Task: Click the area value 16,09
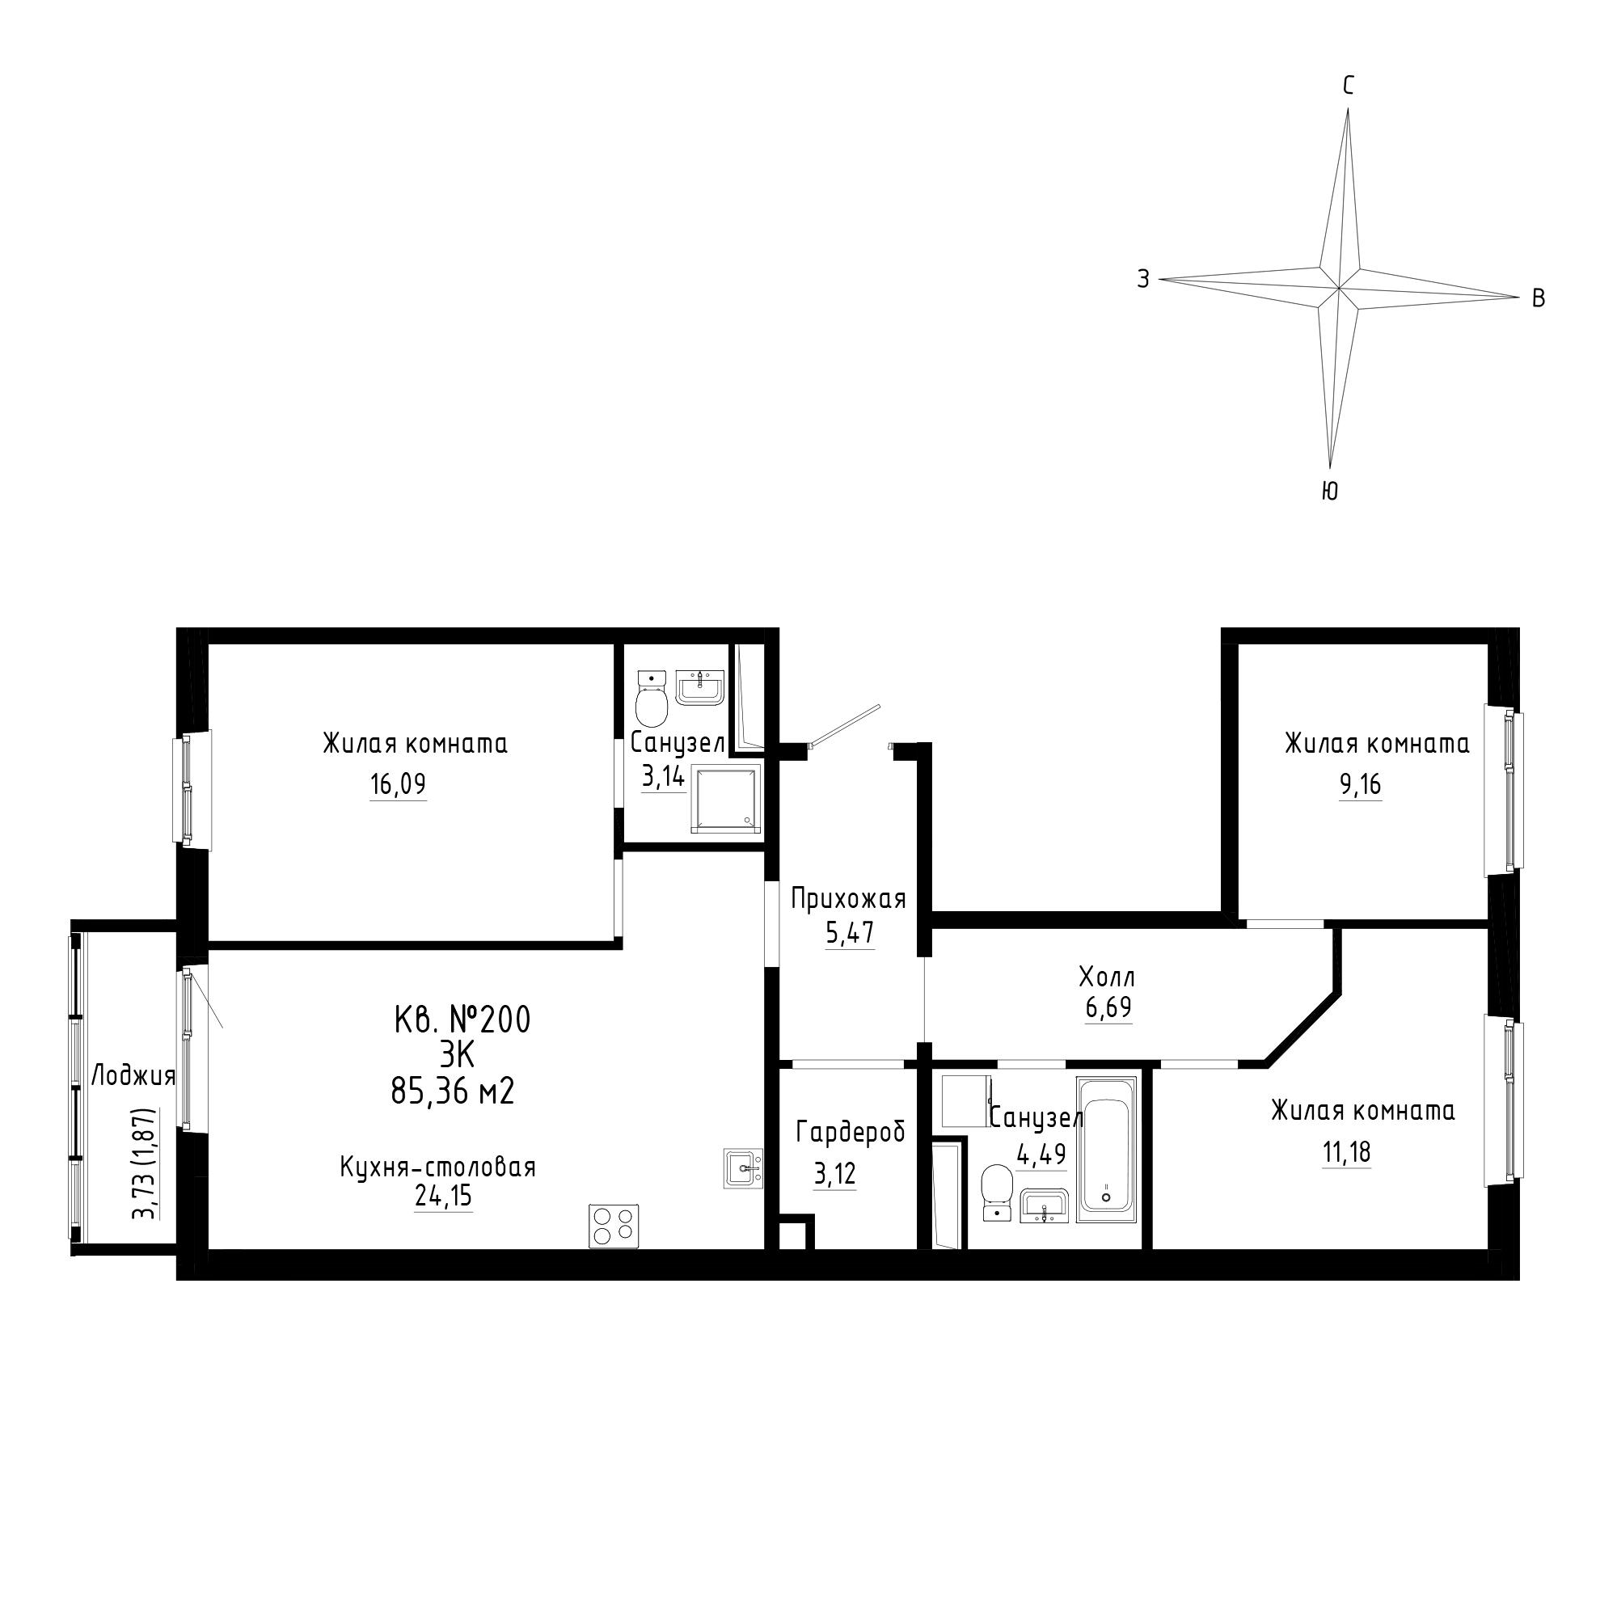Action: pos(399,784)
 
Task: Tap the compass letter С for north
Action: pos(1349,86)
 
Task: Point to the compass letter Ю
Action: pos(1330,492)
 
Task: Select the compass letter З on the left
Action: pos(1143,279)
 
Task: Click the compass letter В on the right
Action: pos(1539,298)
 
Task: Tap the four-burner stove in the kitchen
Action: pos(614,1226)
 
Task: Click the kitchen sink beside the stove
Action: pos(743,1167)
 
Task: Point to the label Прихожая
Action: pos(849,899)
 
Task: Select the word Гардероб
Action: pos(851,1133)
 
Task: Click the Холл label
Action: pos(1108,977)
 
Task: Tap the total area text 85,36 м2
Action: pos(452,1091)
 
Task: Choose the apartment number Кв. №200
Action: pos(462,1020)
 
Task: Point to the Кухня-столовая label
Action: pos(437,1167)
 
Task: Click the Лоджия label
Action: pos(133,1076)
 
